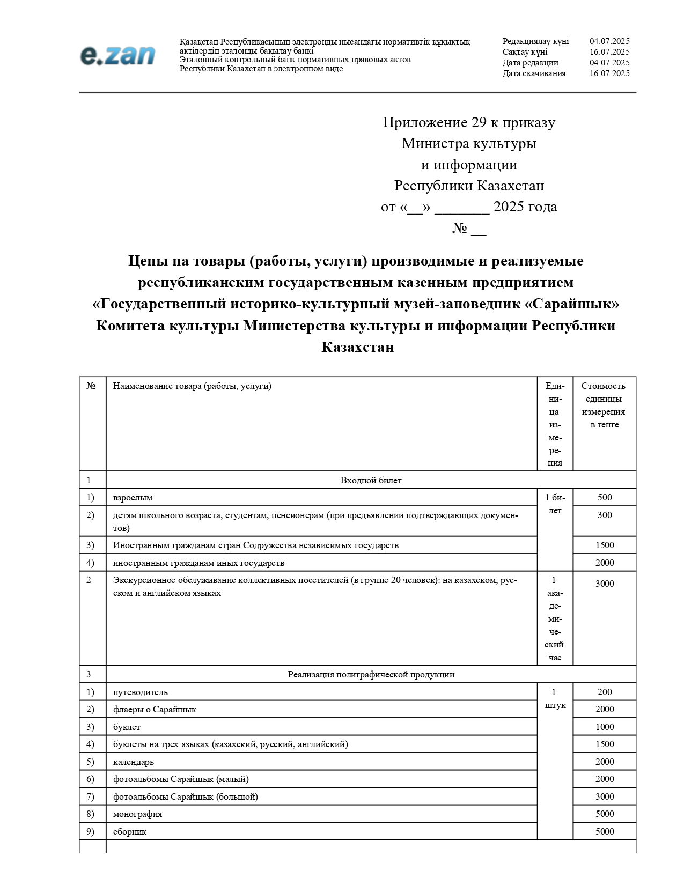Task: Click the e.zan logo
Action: point(117,55)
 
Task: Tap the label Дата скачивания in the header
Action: point(534,73)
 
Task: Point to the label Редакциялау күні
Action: point(535,41)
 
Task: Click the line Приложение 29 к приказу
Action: point(469,122)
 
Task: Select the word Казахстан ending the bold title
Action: point(357,347)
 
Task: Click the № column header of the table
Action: point(91,386)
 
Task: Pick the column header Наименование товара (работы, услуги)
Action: point(192,386)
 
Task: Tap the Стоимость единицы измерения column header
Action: point(604,405)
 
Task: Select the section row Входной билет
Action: point(371,480)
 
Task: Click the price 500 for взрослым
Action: point(605,497)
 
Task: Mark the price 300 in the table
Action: point(605,515)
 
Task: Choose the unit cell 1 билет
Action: point(555,504)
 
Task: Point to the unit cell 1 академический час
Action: point(555,618)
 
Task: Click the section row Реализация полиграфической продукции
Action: point(371,674)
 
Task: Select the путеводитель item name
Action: point(141,692)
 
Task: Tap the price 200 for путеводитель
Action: point(605,692)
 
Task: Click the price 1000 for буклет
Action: point(605,727)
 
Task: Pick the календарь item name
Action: point(134,762)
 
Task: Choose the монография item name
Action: point(137,814)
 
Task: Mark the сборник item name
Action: point(130,831)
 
